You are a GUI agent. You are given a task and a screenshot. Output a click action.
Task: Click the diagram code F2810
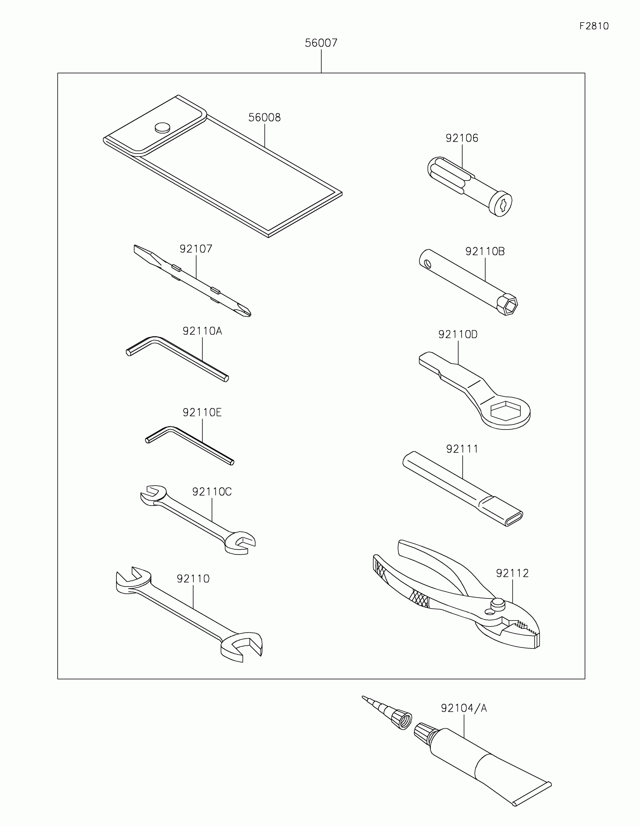click(594, 26)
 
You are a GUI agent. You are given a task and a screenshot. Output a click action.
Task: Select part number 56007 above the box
click(321, 43)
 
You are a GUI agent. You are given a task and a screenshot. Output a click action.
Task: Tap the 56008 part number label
click(264, 118)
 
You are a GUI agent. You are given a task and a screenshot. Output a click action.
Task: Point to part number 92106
click(462, 138)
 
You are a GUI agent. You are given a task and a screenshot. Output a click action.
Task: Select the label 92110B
click(485, 252)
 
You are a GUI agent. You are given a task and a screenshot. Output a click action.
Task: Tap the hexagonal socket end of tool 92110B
click(507, 304)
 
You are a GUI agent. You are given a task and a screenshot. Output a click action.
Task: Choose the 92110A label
click(202, 331)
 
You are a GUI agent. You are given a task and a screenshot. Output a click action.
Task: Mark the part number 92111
click(462, 449)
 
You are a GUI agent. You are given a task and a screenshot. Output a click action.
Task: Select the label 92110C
click(212, 492)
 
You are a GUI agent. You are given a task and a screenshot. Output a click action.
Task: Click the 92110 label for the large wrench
click(193, 579)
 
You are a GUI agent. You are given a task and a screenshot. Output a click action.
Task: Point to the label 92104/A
click(464, 708)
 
